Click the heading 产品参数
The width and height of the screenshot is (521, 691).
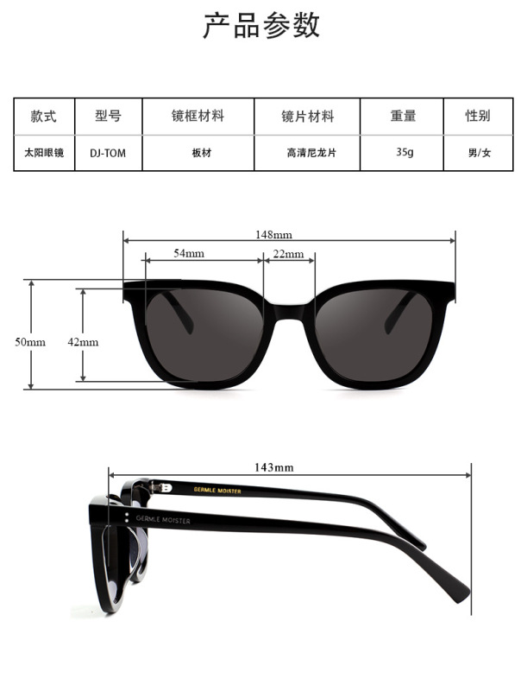pos(260,26)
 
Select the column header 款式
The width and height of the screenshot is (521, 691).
pos(43,116)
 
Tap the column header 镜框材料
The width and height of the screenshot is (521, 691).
pos(198,116)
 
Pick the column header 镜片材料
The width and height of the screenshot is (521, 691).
pos(307,116)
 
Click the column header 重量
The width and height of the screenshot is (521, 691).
pos(403,116)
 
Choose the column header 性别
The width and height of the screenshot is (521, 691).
pos(478,116)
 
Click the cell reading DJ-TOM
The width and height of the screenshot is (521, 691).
pos(107,153)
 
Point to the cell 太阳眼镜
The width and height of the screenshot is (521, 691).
pos(43,153)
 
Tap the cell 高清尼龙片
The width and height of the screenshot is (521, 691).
pos(307,153)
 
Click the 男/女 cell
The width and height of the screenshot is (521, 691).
pos(479,153)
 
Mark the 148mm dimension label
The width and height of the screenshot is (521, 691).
pos(273,234)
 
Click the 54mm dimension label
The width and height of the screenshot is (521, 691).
pos(189,254)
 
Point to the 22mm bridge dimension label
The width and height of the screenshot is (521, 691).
pos(288,254)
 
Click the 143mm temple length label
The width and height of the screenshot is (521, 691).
pos(273,467)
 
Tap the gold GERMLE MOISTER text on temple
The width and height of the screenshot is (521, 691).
pos(217,491)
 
